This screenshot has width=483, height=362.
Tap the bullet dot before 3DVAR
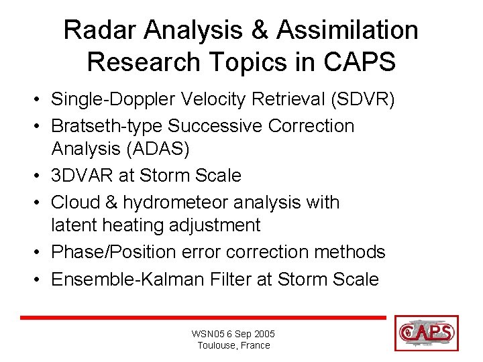tap(41, 176)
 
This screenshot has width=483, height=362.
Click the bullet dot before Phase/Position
tap(41, 253)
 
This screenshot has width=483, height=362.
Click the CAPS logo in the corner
tap(427, 333)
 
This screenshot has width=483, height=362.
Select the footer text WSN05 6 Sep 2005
tap(233, 334)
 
